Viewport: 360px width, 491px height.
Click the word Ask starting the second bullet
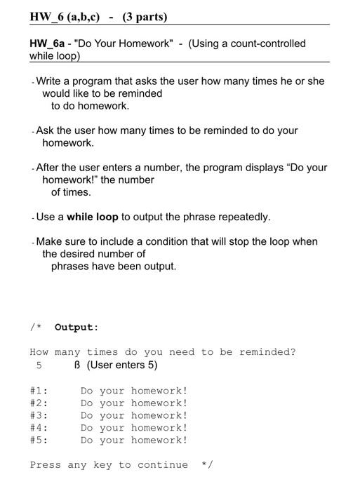pyautogui.click(x=45, y=130)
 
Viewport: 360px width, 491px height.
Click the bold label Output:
pyautogui.click(x=76, y=327)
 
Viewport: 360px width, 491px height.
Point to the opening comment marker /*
pyautogui.click(x=35, y=327)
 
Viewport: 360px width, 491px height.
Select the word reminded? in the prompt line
pyautogui.click(x=267, y=352)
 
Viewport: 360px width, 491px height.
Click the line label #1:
pyautogui.click(x=39, y=391)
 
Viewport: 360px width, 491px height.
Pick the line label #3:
pyautogui.click(x=39, y=415)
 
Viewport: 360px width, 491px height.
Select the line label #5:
pyautogui.click(x=39, y=440)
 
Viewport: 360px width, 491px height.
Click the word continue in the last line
pyautogui.click(x=163, y=464)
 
